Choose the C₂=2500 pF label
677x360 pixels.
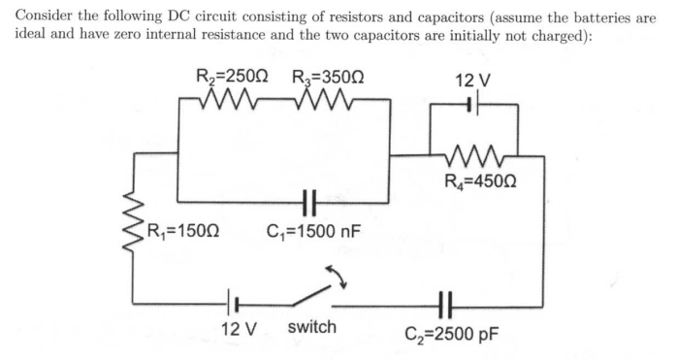(451, 336)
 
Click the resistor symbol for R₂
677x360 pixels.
(233, 99)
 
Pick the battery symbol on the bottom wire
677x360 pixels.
(233, 303)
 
